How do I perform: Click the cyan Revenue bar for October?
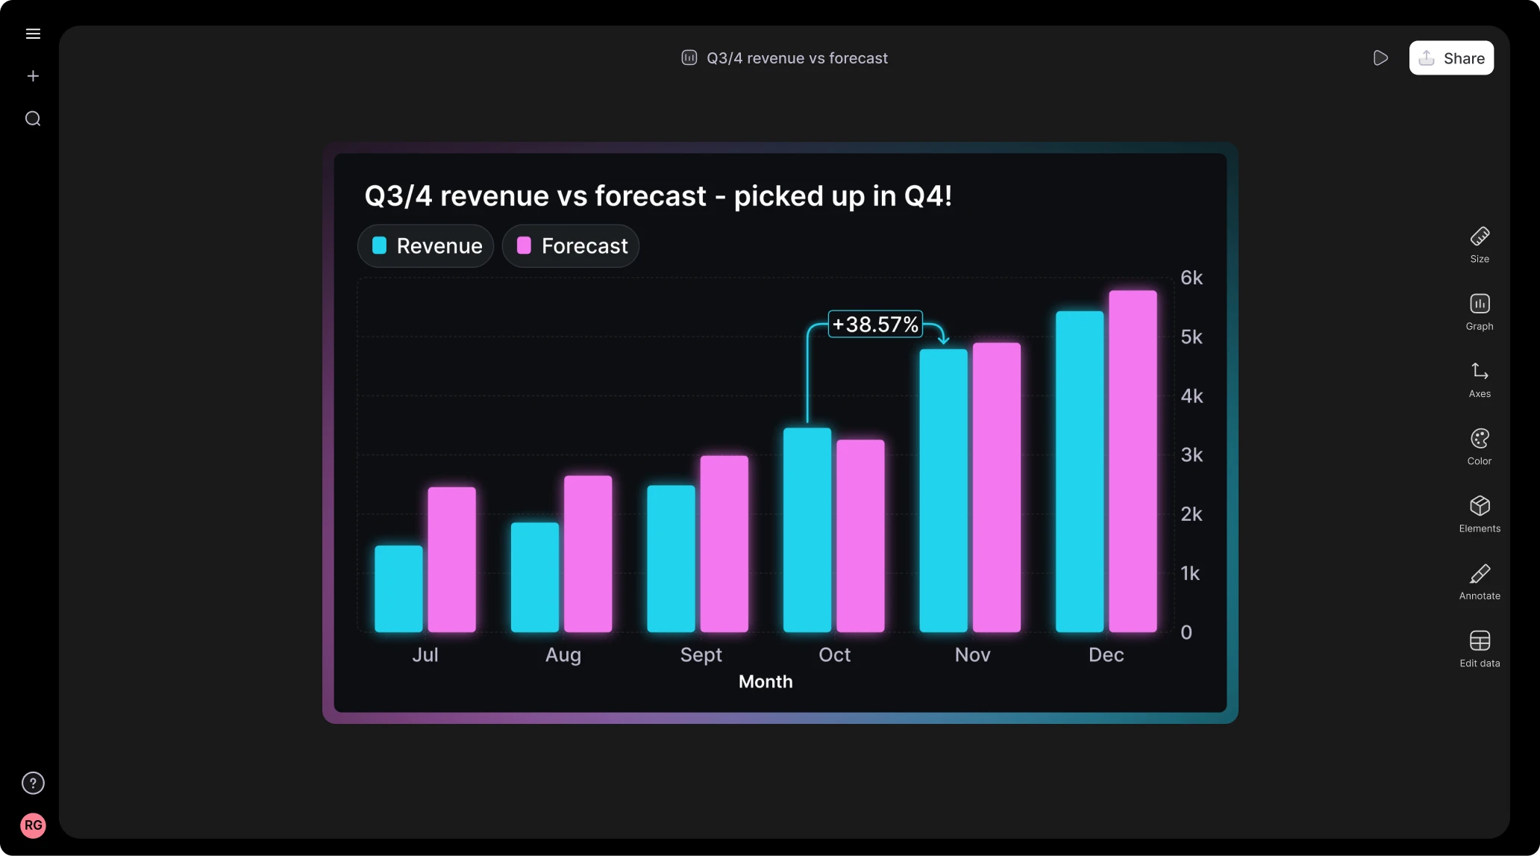[807, 530]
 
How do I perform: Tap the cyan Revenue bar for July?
[398, 589]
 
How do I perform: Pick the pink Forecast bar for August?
[588, 554]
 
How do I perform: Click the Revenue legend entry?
[426, 246]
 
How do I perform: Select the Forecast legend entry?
[571, 246]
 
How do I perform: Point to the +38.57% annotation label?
[875, 325]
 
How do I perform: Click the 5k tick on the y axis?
[1192, 337]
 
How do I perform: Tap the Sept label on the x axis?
[701, 655]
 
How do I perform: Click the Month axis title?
[766, 681]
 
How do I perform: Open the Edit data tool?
[1480, 648]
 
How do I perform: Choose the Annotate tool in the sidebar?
[1480, 581]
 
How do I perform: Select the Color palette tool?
[1480, 446]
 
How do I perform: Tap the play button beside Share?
[1380, 58]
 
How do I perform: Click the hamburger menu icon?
[33, 34]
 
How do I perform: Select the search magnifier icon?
[33, 119]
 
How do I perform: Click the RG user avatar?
[33, 825]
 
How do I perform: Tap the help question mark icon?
[33, 783]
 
